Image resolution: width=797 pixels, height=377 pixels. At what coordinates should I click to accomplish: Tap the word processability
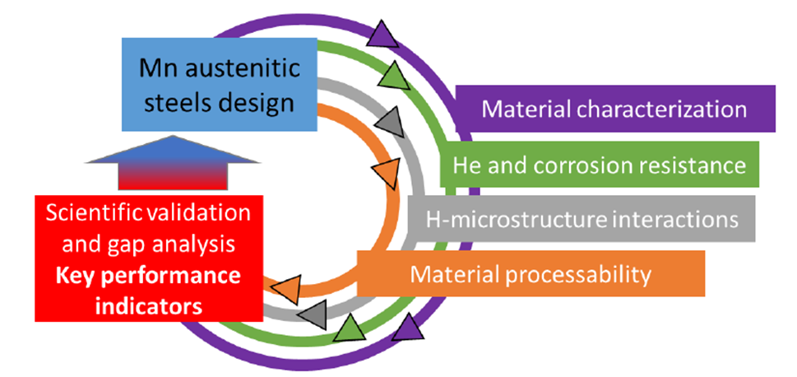(580, 273)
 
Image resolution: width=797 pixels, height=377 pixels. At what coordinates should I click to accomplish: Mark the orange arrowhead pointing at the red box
(282, 289)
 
